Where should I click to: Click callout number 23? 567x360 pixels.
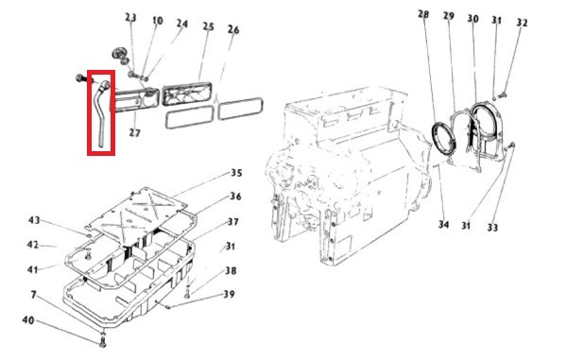(130, 18)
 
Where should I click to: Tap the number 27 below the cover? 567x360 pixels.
(134, 133)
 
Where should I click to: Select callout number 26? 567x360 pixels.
(233, 29)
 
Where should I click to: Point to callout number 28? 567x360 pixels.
(423, 14)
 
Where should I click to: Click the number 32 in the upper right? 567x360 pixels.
(522, 23)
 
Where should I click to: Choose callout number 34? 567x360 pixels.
(444, 225)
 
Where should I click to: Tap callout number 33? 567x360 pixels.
(492, 228)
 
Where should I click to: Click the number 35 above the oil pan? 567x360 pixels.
(236, 173)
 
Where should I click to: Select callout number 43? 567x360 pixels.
(34, 220)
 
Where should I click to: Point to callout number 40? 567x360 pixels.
(28, 320)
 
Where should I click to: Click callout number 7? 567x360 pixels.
(34, 295)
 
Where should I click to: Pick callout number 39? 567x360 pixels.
(229, 294)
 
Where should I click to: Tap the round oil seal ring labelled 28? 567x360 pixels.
(444, 139)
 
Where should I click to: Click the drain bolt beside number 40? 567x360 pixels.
(103, 341)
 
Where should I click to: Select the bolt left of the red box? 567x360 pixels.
(80, 77)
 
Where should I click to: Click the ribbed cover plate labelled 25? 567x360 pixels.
(186, 94)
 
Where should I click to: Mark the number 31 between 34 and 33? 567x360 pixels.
(467, 226)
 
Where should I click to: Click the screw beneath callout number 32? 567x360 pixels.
(502, 95)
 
